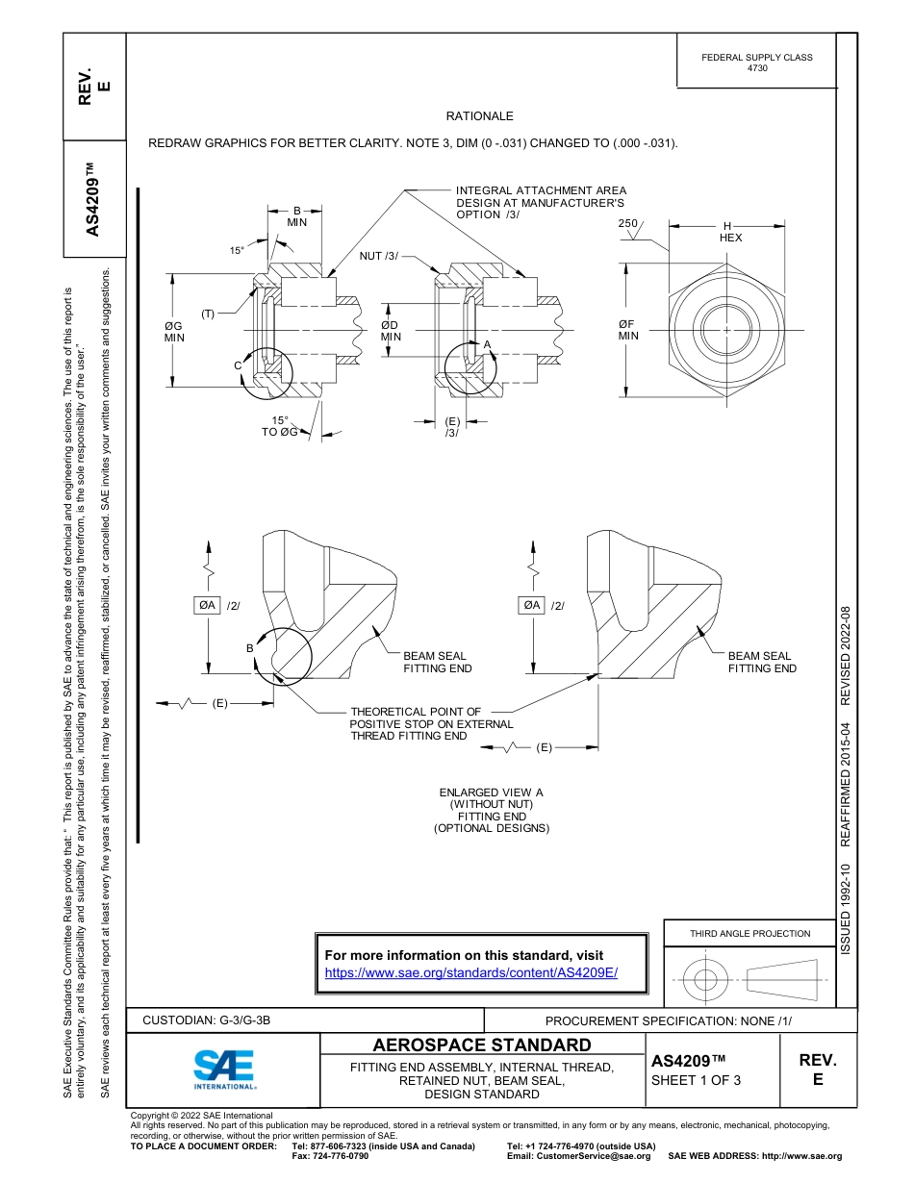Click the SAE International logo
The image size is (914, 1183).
224,1069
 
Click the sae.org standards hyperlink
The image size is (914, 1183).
471,972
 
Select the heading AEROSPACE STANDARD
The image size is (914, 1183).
481,1045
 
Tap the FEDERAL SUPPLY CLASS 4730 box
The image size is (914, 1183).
756,63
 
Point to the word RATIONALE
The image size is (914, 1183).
479,116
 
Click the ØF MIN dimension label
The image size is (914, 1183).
628,331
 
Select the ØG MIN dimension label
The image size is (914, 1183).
173,332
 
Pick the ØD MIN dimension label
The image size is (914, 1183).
390,331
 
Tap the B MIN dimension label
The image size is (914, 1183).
296,215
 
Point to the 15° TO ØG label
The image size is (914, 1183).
280,426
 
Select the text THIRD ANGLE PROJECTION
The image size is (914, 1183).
749,933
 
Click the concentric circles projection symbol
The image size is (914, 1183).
706,980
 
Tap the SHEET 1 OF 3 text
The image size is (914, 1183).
696,1079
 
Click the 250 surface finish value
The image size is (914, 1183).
627,223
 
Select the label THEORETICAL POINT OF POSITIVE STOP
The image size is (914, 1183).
430,723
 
